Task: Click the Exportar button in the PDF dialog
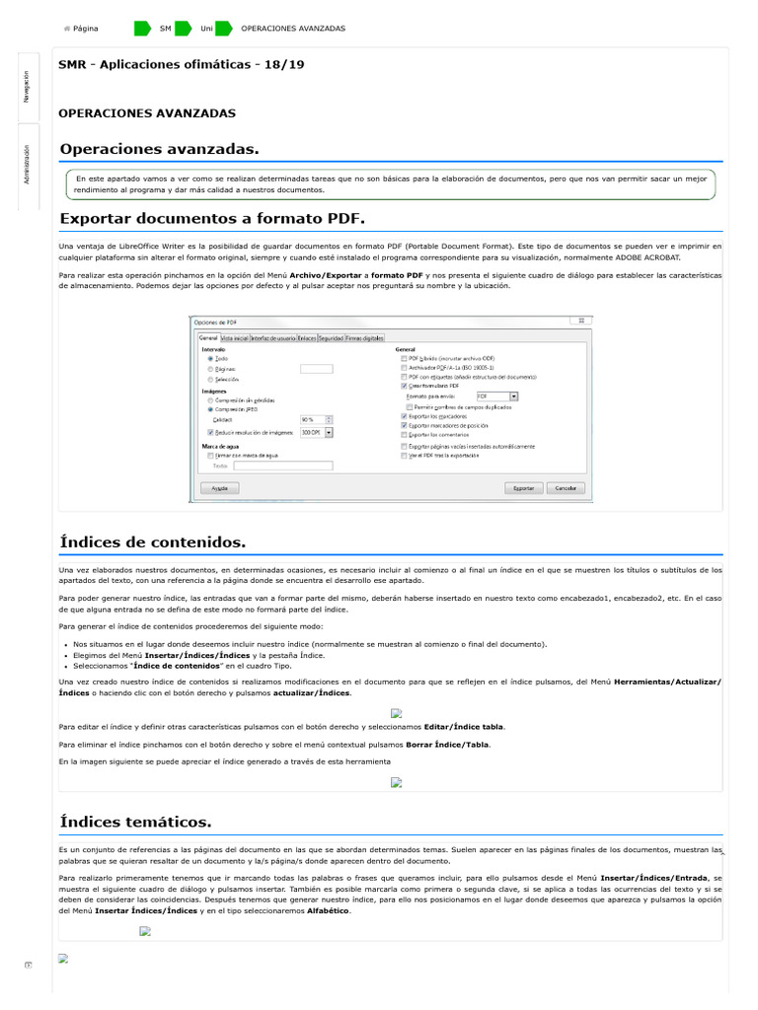(x=521, y=488)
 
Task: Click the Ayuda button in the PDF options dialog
(x=220, y=488)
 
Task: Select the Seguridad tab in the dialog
(x=331, y=337)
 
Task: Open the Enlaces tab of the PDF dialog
(x=307, y=337)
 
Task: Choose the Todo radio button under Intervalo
(x=210, y=358)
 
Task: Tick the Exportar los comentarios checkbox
(x=404, y=434)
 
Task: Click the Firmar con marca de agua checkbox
(x=210, y=456)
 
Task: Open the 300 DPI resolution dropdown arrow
(x=329, y=432)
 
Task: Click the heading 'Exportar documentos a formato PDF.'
(x=212, y=218)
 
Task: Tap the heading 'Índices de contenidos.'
(x=152, y=542)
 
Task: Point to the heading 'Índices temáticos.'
(x=135, y=821)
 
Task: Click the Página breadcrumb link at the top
(x=86, y=29)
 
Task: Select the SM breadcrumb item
(x=165, y=29)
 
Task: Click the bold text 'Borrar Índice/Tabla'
(x=447, y=744)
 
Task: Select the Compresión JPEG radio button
(x=210, y=408)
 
